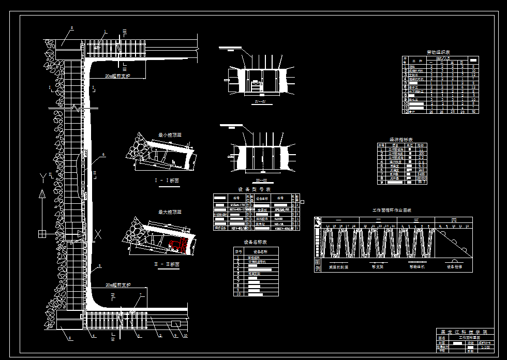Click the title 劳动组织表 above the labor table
pos(438,52)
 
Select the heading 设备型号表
pos(250,189)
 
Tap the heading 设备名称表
pos(255,242)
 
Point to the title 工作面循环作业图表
pos(392,211)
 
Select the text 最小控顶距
pos(170,135)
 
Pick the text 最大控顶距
pos(170,212)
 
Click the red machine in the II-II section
pos(177,245)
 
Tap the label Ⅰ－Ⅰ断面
pos(167,181)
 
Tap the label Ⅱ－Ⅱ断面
pos(167,264)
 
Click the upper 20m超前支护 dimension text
pos(118,76)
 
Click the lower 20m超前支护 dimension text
pos(118,285)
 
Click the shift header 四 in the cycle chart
pos(453,221)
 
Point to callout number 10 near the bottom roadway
pos(185,336)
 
